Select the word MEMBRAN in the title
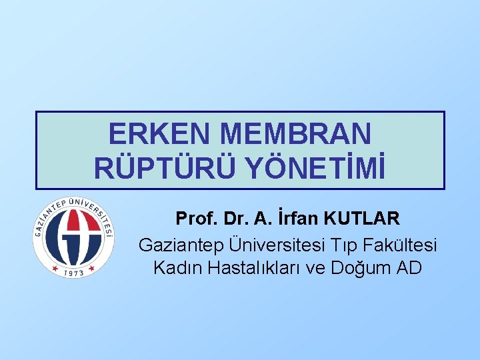pos(295,135)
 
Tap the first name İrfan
pos(300,218)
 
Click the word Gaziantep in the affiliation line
pos(181,245)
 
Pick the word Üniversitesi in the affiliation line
pos(275,245)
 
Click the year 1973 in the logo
pos(73,271)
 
